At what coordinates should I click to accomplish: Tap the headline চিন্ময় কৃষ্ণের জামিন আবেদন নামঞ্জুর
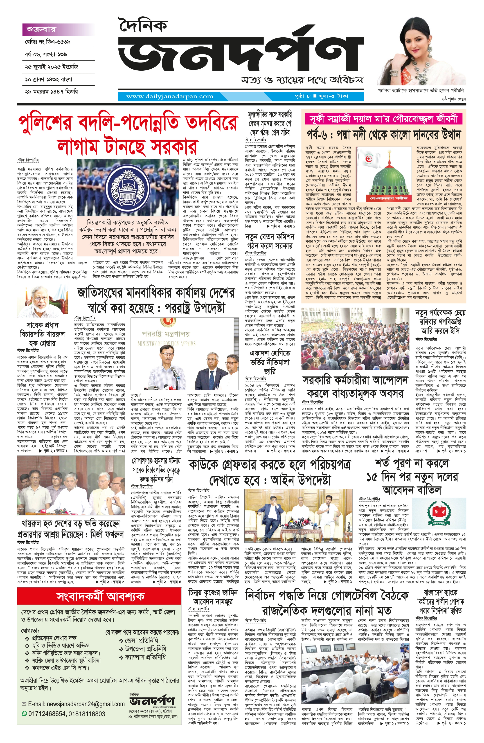(213, 597)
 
